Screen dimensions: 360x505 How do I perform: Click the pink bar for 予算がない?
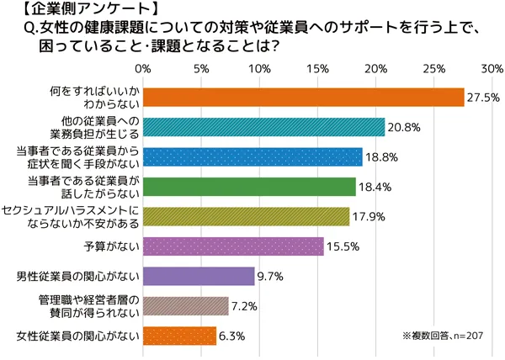click(x=233, y=246)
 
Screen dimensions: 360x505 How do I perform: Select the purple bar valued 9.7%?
click(x=199, y=276)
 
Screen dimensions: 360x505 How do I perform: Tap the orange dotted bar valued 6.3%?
click(x=179, y=336)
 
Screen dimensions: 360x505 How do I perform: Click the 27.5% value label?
click(x=481, y=98)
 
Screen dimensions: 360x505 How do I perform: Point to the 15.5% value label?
click(x=341, y=246)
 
